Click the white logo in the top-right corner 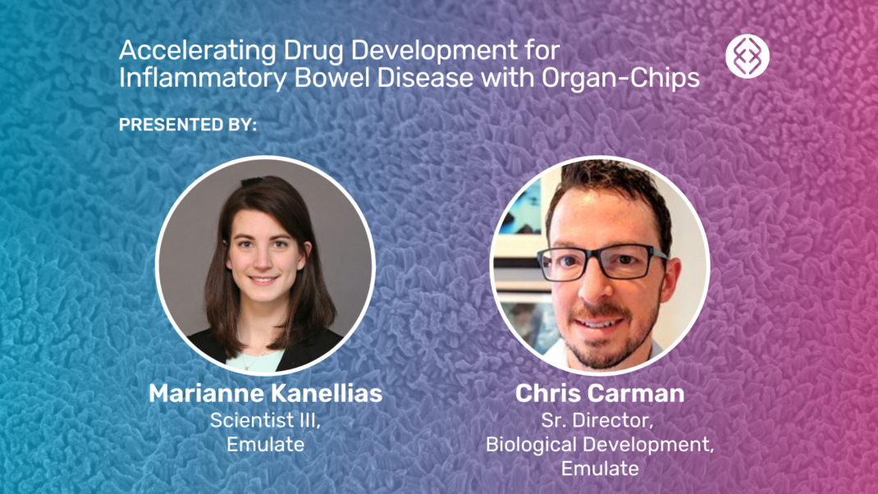(748, 57)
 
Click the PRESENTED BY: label (188, 126)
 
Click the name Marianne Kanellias (265, 394)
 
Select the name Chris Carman (600, 394)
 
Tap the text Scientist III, (265, 420)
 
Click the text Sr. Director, (600, 420)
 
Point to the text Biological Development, (600, 445)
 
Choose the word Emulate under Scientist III (265, 445)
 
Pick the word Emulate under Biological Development (600, 469)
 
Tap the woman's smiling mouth (263, 280)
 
